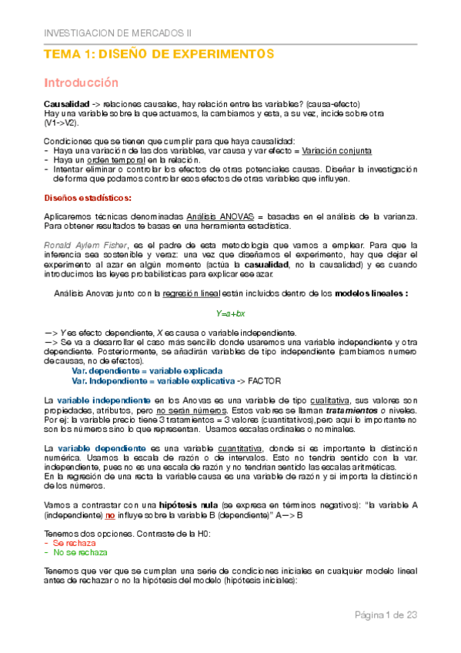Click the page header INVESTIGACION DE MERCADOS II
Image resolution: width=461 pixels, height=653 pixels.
(x=117, y=34)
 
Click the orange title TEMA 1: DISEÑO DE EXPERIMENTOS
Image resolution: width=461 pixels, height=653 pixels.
(x=159, y=55)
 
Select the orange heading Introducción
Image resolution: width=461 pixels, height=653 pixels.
(x=81, y=82)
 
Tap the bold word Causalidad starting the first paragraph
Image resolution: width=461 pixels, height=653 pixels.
(x=66, y=104)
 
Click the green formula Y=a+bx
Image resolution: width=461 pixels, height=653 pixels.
(x=229, y=313)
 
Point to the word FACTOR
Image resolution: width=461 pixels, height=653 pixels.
(x=266, y=380)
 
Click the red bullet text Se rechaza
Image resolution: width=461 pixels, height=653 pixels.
(x=74, y=542)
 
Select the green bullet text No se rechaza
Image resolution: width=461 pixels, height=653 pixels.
(x=80, y=551)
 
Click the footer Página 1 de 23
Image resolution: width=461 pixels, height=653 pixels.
(x=386, y=614)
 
